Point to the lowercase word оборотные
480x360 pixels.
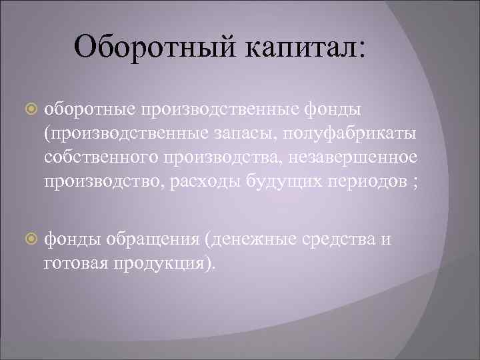[89, 108]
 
